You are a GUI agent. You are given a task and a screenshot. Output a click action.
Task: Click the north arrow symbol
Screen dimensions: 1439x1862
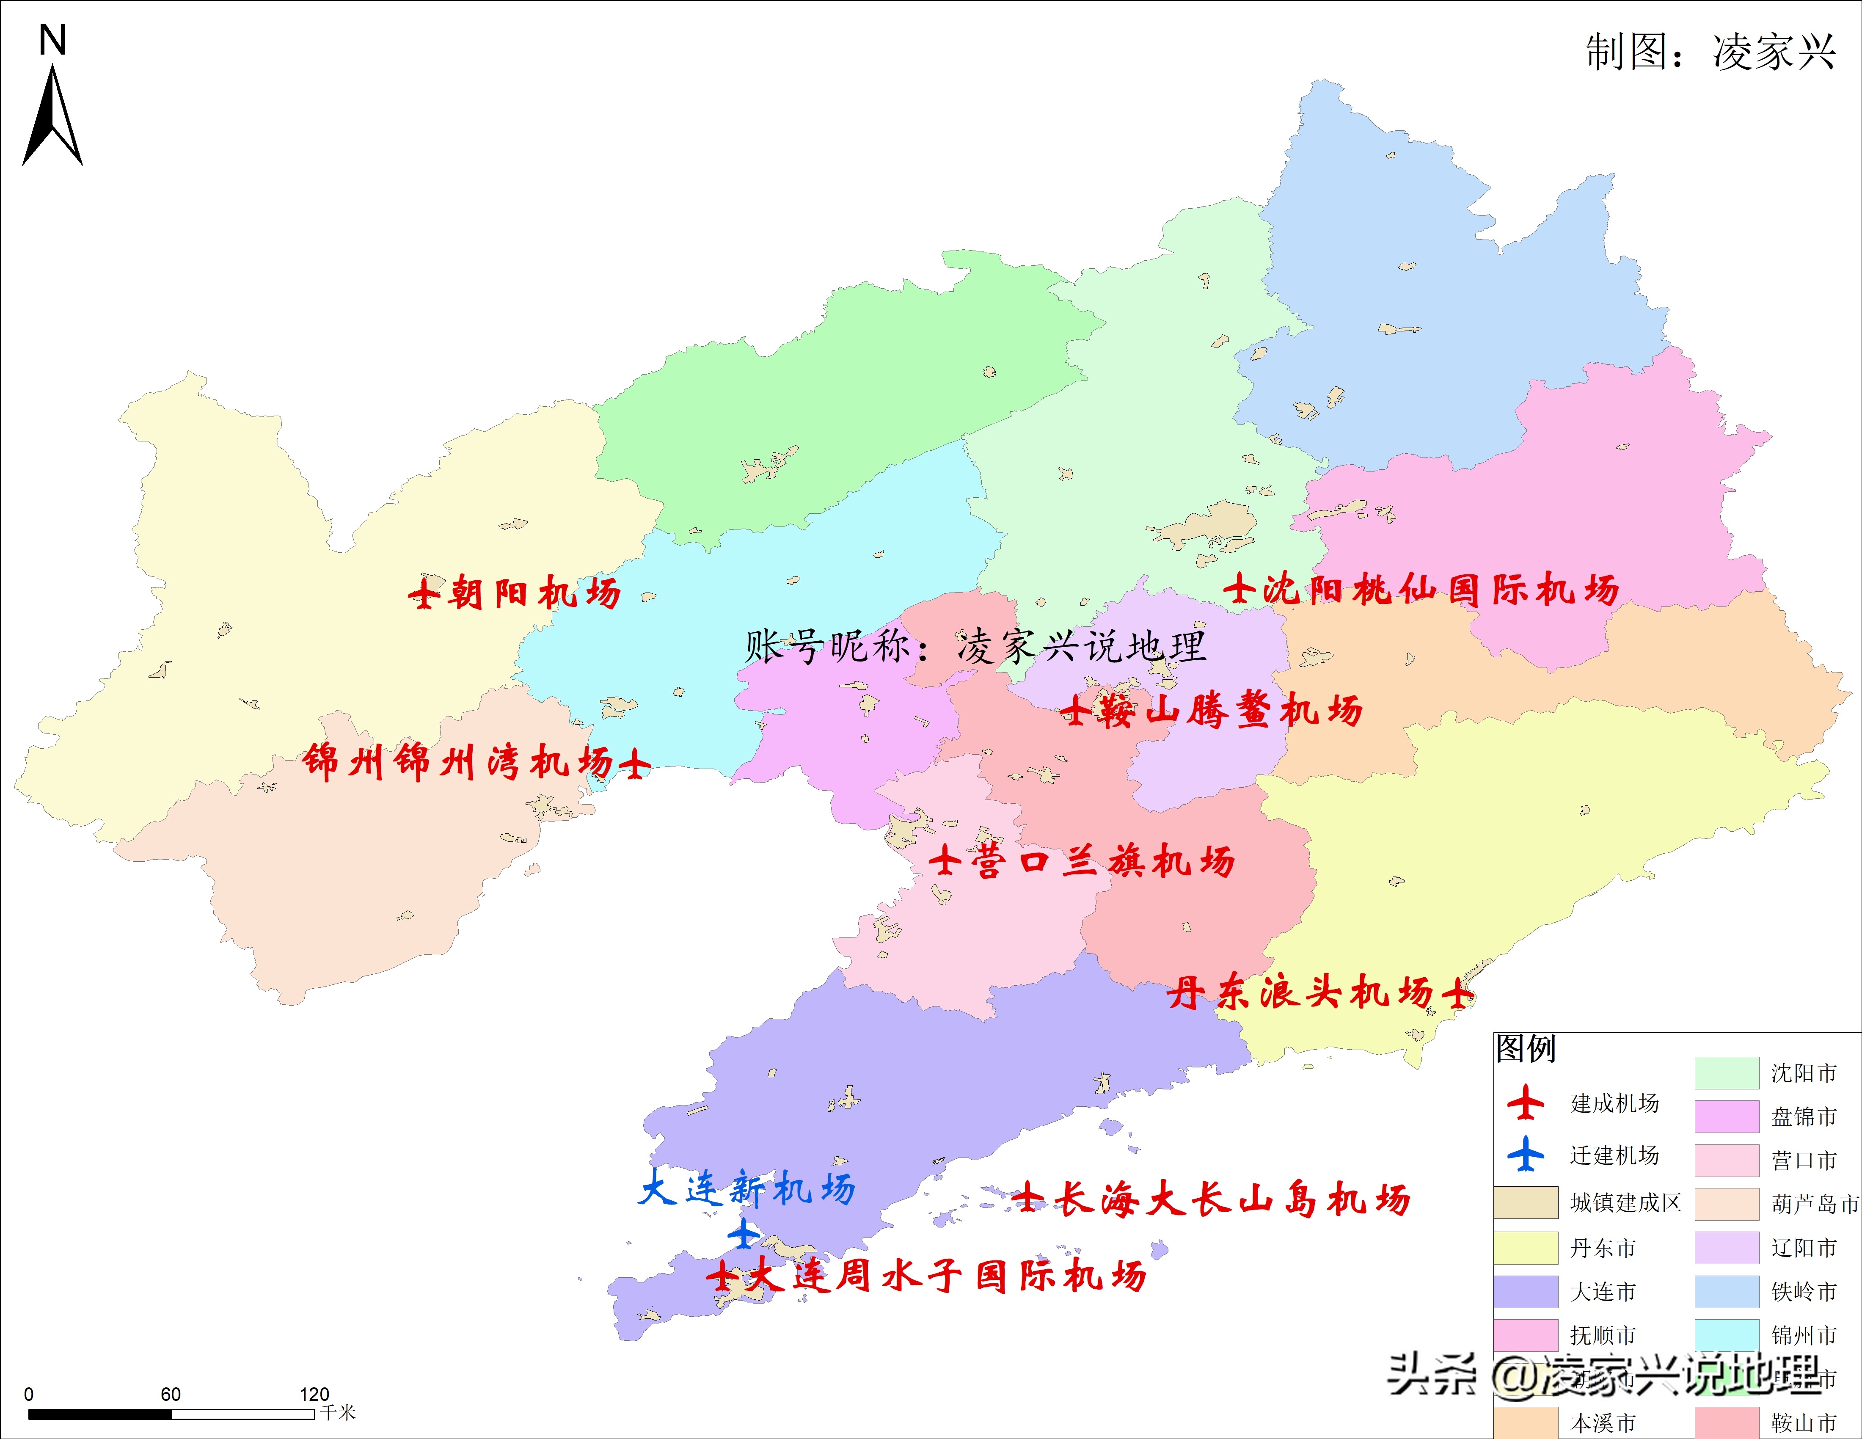[53, 115]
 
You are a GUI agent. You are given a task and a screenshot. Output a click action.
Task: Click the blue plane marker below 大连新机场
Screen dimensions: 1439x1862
[744, 1234]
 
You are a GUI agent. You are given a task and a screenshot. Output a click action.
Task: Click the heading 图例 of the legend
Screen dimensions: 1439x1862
[1526, 1048]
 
